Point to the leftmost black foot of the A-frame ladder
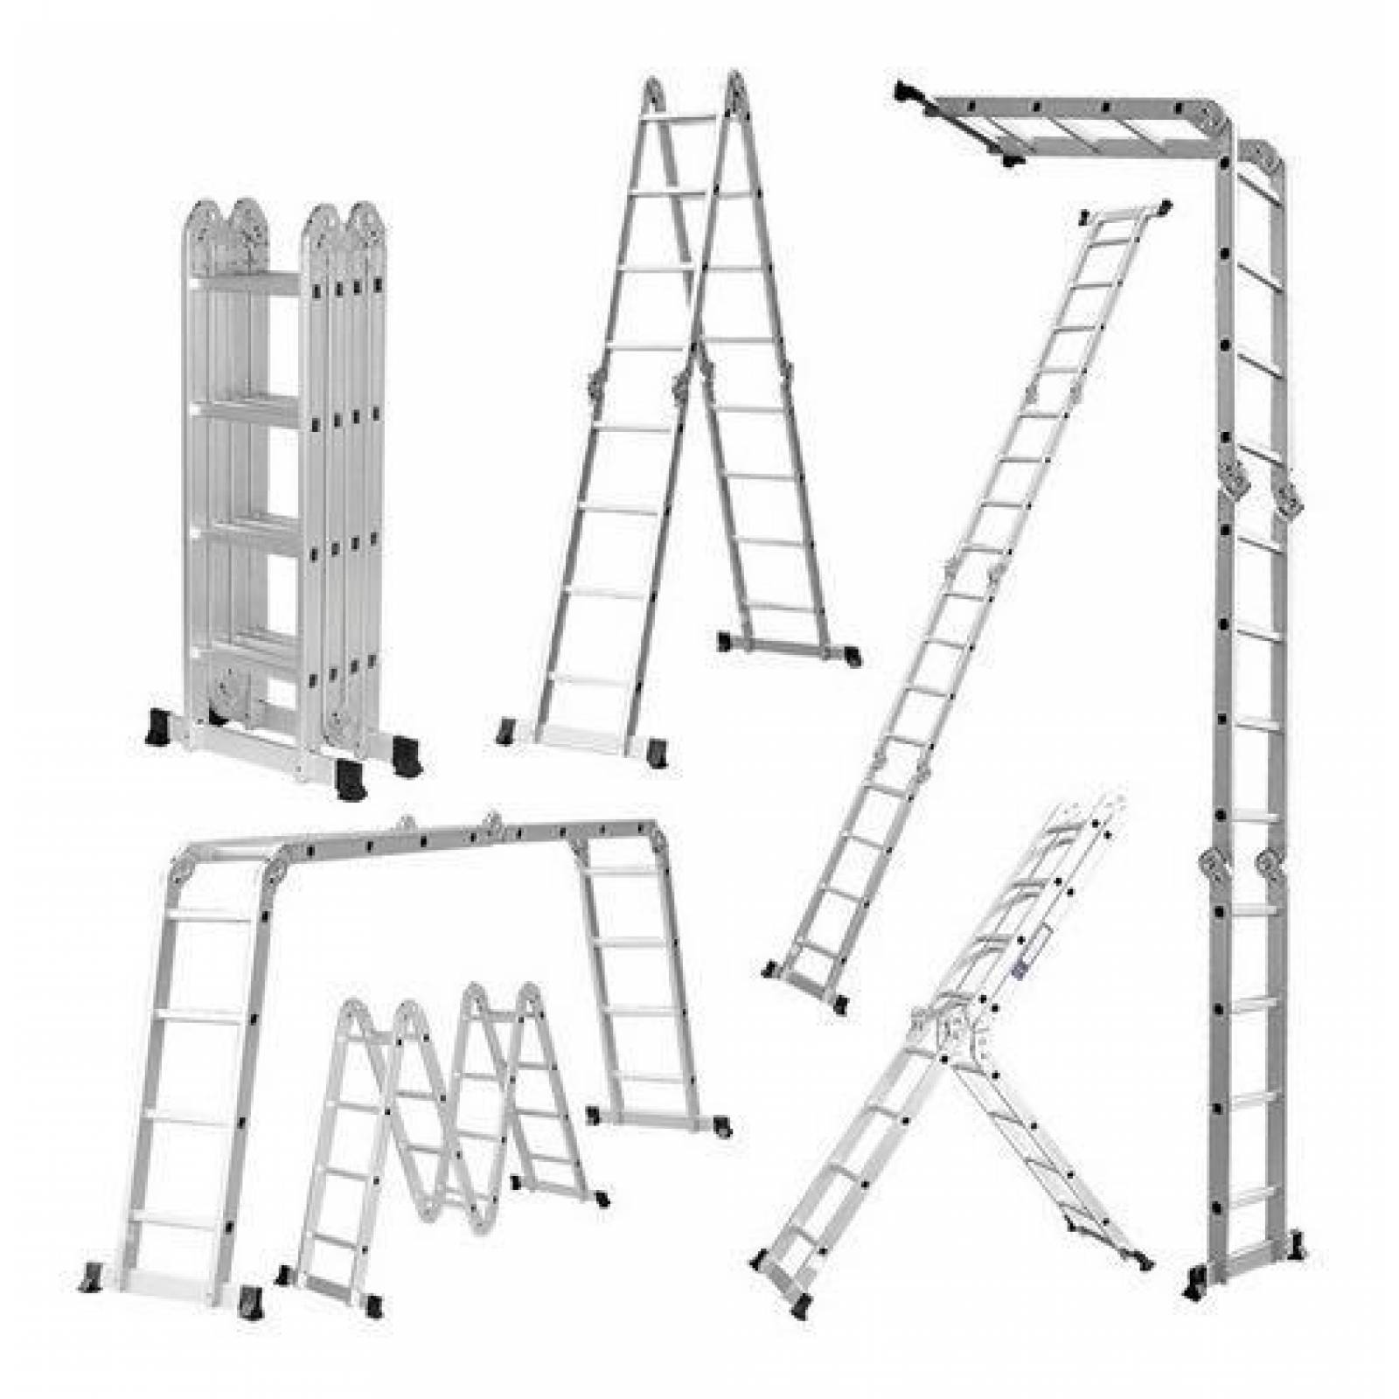505,731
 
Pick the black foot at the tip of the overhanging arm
905,91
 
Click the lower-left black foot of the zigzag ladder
285,1276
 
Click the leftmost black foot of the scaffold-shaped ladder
92,1278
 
